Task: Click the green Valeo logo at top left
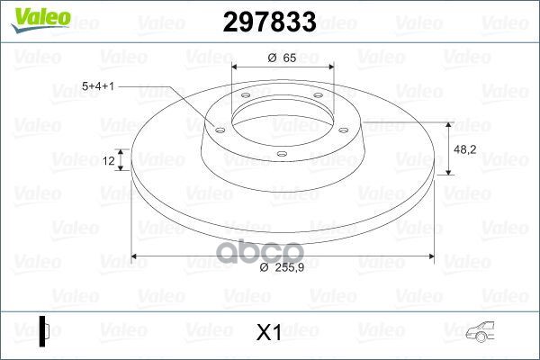tap(40, 19)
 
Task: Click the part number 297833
tap(269, 22)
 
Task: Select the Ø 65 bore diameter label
tap(282, 58)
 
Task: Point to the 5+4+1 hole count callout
tap(98, 86)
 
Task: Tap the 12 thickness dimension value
tap(109, 160)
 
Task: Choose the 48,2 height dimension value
tap(465, 149)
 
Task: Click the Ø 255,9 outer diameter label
tap(282, 267)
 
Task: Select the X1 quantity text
tap(269, 332)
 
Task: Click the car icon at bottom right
tap(480, 332)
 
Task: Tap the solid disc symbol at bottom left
tap(44, 331)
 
